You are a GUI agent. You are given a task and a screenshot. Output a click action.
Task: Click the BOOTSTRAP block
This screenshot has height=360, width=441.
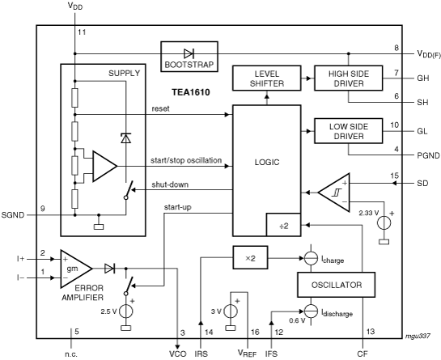189,57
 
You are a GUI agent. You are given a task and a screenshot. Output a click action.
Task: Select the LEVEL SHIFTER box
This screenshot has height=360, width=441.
267,78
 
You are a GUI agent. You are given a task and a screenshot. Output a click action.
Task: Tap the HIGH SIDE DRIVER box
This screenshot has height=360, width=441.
349,78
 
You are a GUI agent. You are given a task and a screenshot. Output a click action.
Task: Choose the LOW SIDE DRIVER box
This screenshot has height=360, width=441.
349,131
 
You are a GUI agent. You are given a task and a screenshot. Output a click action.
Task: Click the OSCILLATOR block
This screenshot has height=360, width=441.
336,285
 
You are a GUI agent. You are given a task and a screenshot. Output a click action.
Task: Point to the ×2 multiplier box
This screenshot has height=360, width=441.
250,257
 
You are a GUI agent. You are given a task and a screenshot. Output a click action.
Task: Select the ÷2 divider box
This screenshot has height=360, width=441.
283,225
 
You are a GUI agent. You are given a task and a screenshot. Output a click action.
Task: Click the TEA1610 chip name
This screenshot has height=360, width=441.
191,92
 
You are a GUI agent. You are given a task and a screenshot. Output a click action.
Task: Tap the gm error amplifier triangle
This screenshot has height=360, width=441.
76,269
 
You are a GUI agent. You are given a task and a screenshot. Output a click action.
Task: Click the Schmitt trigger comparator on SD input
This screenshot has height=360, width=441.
334,193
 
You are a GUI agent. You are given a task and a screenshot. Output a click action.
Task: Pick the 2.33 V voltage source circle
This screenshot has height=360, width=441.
384,223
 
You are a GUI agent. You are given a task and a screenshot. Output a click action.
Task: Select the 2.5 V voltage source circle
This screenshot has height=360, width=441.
125,311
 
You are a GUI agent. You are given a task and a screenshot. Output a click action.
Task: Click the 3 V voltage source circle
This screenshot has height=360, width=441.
231,311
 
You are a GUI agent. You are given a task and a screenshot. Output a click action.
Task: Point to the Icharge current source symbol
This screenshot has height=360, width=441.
311,258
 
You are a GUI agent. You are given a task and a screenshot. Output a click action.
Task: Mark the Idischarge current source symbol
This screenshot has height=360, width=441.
311,311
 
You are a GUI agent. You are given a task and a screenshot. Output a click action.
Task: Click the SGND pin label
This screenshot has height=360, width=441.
13,215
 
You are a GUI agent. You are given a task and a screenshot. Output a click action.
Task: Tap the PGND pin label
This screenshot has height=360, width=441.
428,155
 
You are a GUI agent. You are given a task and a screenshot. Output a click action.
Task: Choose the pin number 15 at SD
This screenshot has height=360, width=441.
395,176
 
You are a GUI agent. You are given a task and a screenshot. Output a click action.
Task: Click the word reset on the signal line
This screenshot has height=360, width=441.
160,108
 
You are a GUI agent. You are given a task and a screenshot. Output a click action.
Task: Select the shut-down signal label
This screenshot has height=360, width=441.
170,184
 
